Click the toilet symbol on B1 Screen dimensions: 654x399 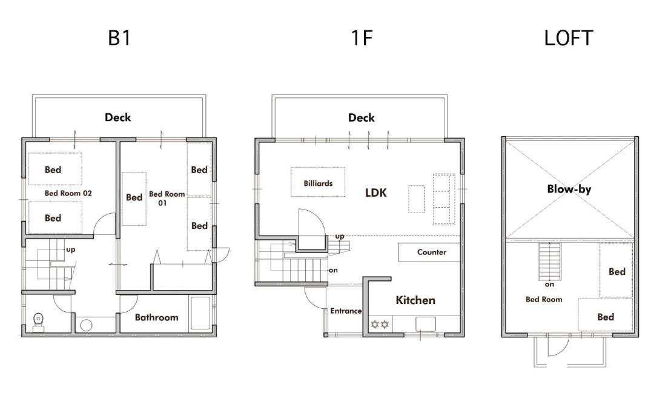pos(38,322)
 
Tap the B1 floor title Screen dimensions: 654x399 pos(119,38)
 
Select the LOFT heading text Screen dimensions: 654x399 pos(569,38)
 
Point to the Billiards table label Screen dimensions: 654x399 pos(318,183)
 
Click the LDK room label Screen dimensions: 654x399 pos(376,193)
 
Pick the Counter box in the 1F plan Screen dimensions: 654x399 pos(429,252)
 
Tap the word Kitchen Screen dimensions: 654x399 pos(415,300)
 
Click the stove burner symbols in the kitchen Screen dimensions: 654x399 pos(380,324)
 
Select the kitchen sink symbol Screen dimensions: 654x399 pos(426,323)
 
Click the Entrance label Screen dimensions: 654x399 pos(346,311)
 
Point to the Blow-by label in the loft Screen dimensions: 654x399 pos(569,189)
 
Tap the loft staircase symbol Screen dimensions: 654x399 pos(549,262)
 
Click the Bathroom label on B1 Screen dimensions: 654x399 pos(156,317)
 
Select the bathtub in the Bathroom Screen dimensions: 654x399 pos(200,313)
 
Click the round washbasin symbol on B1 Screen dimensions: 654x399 pos(87,325)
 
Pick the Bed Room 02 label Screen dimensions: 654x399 pos(68,193)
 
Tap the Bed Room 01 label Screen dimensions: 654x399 pos(167,198)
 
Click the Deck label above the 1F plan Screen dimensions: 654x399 pos(361,117)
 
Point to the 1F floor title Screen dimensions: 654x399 pos(361,38)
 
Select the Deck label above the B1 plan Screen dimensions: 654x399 pos(117,117)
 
